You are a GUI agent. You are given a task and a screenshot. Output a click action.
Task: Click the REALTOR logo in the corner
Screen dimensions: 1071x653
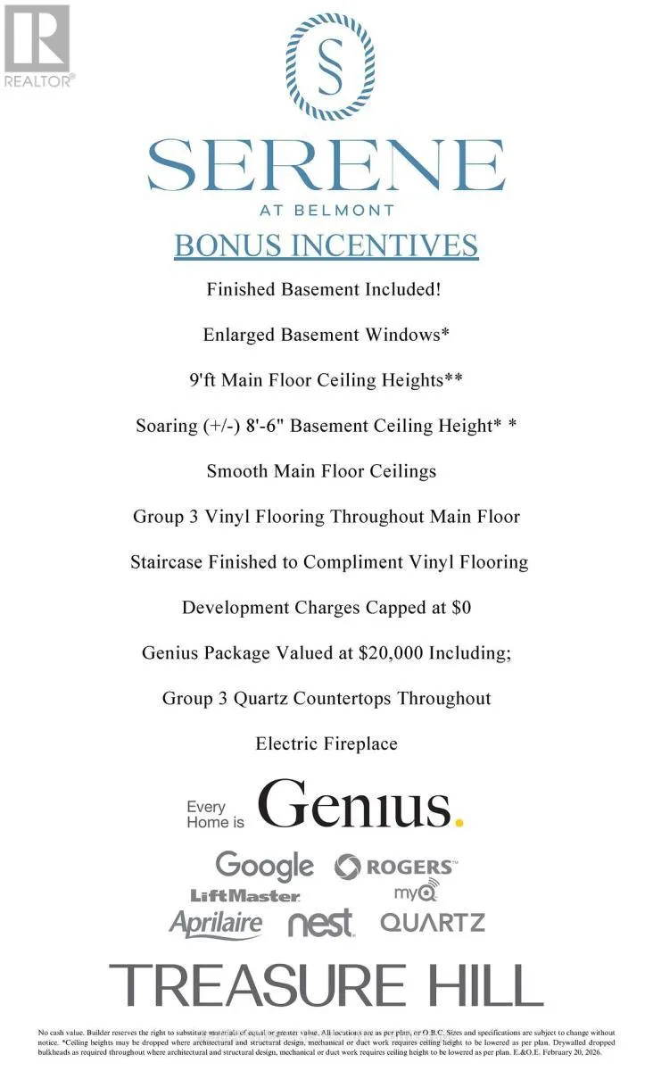pyautogui.click(x=37, y=45)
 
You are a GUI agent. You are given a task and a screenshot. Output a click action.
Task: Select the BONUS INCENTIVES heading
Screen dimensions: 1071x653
pyautogui.click(x=326, y=245)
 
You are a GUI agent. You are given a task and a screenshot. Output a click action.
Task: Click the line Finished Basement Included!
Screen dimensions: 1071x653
pyautogui.click(x=326, y=289)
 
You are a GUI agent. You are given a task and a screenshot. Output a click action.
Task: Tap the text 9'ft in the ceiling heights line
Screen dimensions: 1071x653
pyautogui.click(x=203, y=380)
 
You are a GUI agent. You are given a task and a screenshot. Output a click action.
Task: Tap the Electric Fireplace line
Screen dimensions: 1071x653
pyautogui.click(x=326, y=743)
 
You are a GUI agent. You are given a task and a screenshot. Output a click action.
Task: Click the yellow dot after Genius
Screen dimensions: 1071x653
pyautogui.click(x=459, y=820)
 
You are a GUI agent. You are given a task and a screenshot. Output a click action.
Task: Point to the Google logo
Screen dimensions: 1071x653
pyautogui.click(x=264, y=865)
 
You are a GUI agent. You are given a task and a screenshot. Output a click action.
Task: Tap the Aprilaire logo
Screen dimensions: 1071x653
pyautogui.click(x=216, y=924)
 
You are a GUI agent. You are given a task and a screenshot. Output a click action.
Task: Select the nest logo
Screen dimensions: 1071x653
pyautogui.click(x=321, y=924)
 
